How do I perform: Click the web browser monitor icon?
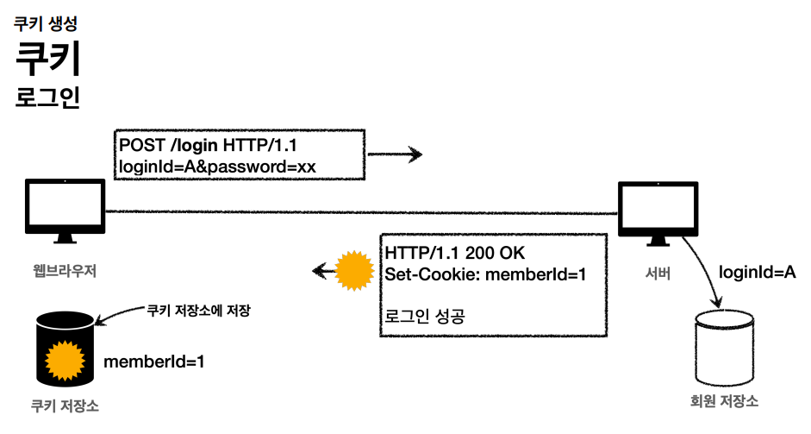click(x=66, y=211)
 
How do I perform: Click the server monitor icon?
click(x=658, y=213)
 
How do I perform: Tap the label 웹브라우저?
click(x=65, y=271)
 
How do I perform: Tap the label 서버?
click(x=658, y=273)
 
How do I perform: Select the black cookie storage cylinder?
click(x=66, y=349)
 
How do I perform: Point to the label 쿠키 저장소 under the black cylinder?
click(x=65, y=406)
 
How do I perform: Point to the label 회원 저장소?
click(x=724, y=401)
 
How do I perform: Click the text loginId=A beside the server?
click(x=758, y=272)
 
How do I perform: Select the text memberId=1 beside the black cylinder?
click(x=154, y=362)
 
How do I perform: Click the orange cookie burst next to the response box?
click(x=354, y=271)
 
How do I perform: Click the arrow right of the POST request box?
click(x=395, y=154)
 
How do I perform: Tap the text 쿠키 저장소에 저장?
click(x=198, y=311)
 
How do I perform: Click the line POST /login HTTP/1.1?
click(x=208, y=145)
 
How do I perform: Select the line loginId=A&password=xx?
click(x=217, y=167)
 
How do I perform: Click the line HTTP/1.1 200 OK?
click(x=455, y=253)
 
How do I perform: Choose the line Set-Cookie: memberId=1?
click(x=486, y=274)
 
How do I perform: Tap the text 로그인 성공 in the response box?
click(x=425, y=316)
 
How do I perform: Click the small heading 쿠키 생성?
click(x=46, y=23)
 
